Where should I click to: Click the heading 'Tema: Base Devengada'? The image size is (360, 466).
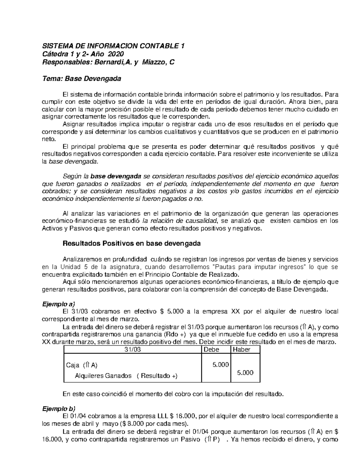tap(81, 79)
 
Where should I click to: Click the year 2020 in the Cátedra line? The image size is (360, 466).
tap(115, 54)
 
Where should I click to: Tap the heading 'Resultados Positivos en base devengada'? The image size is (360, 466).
tap(131, 244)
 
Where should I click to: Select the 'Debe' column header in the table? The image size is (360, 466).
tap(211, 350)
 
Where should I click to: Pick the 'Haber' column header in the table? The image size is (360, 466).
tap(241, 350)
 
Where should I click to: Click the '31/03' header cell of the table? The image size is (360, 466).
tap(132, 350)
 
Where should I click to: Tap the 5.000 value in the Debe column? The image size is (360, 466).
tap(220, 365)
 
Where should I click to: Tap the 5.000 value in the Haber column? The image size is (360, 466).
tap(245, 373)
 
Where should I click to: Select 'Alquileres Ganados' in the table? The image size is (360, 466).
tap(103, 376)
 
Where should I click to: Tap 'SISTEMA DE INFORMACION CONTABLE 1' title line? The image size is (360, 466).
tap(113, 46)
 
